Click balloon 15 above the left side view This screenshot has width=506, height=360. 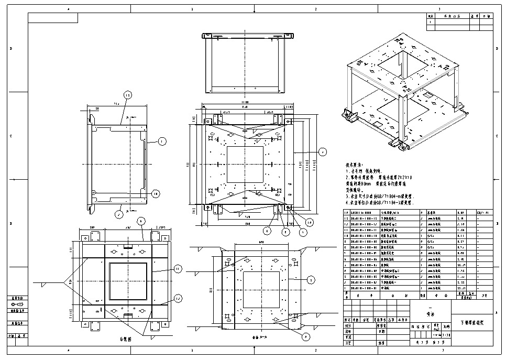point(127,95)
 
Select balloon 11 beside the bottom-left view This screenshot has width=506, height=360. point(178,269)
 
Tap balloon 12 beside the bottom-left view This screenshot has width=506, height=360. point(178,299)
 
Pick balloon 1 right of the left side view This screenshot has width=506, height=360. point(162,141)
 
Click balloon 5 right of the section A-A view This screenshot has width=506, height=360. point(310,280)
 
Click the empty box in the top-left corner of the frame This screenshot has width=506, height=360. point(52,18)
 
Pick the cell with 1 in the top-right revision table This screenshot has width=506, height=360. point(431,22)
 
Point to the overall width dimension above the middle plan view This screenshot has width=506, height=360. point(245,102)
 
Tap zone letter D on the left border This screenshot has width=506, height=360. point(12,49)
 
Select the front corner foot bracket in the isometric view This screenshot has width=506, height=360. point(399,144)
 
